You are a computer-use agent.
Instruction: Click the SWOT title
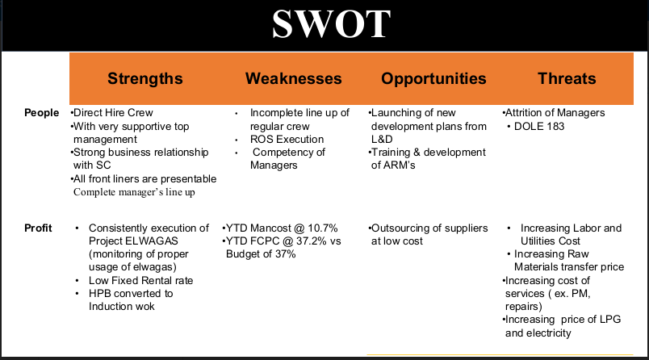(331, 24)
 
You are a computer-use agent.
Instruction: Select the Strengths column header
(145, 78)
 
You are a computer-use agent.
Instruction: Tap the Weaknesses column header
(294, 78)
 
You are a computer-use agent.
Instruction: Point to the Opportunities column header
(433, 78)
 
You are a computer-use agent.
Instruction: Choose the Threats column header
(567, 78)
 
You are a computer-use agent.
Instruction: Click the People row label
(41, 112)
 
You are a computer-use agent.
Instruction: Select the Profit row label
(38, 228)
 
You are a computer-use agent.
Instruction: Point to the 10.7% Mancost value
(322, 228)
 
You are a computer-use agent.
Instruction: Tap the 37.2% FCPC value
(312, 241)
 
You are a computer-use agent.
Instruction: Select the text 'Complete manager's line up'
(134, 192)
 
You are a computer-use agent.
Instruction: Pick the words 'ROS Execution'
(287, 139)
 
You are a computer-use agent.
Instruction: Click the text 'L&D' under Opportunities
(382, 139)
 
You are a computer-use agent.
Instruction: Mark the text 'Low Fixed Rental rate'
(140, 281)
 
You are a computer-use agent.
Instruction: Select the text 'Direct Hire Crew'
(113, 112)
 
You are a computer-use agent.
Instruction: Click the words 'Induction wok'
(122, 306)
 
